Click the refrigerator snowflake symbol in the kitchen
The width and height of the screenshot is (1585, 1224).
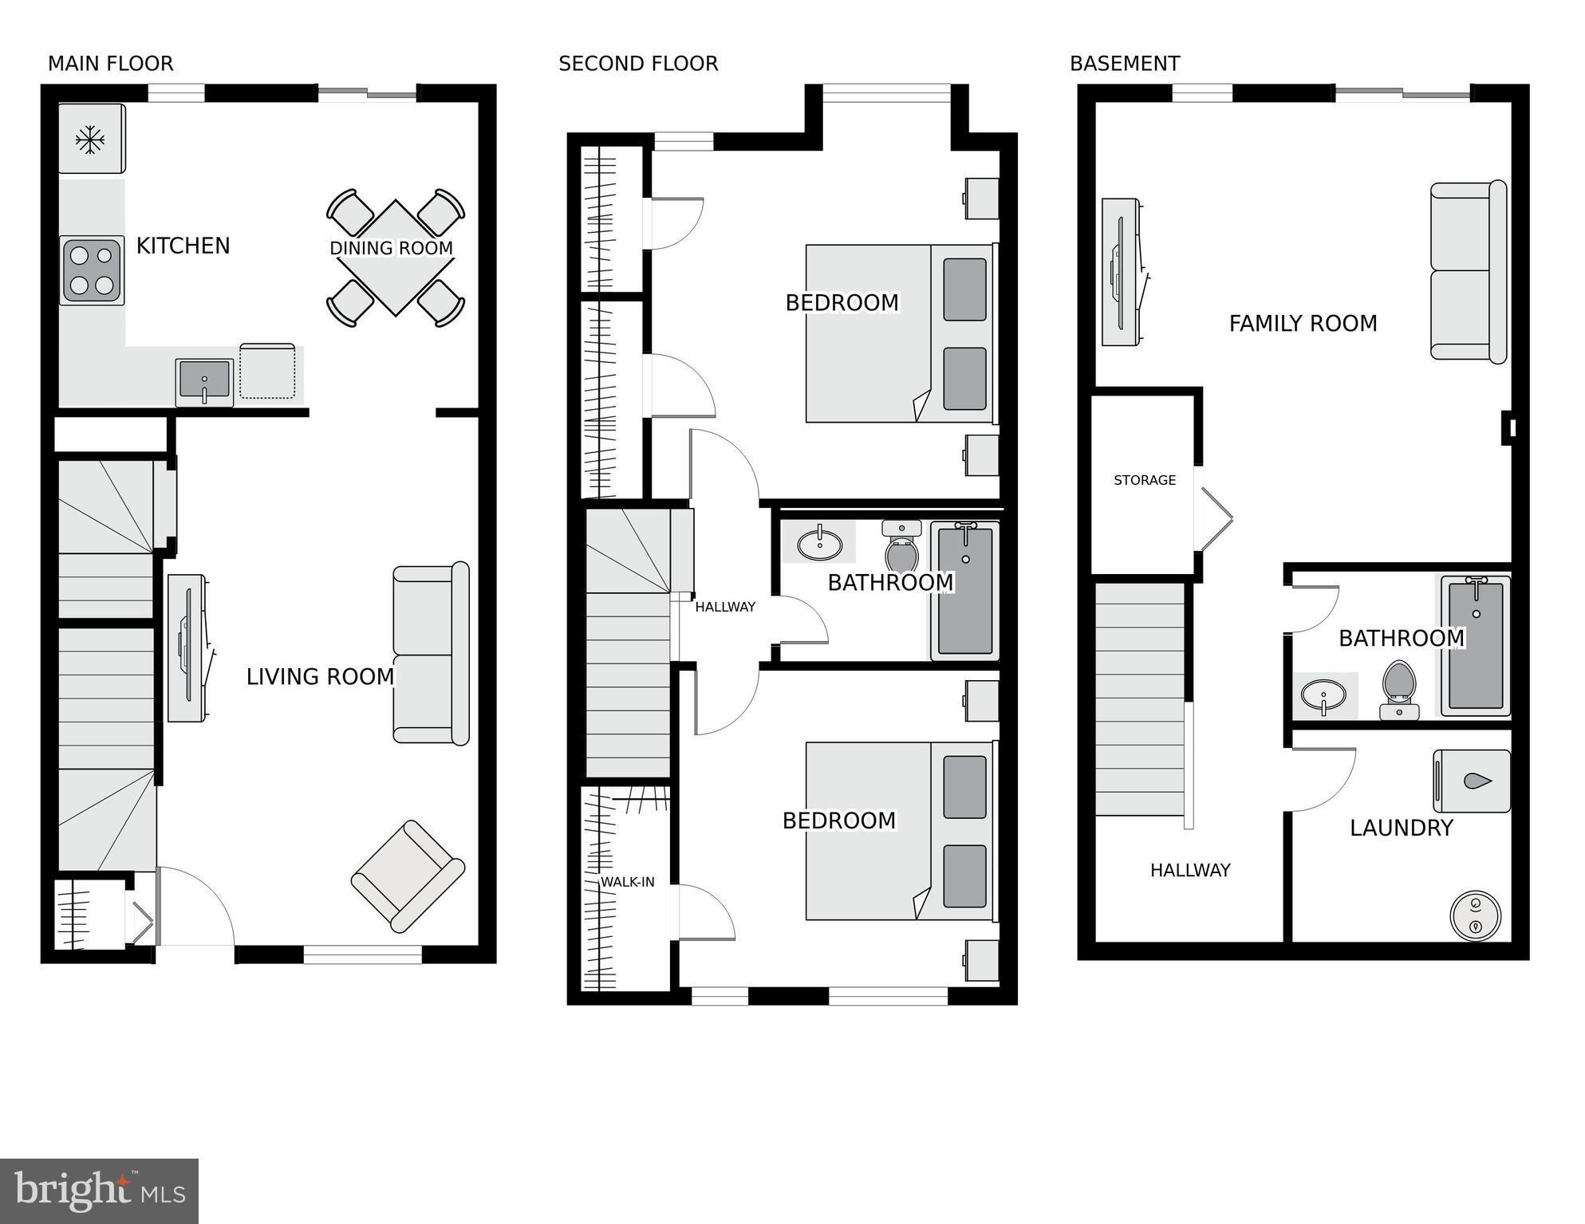pyautogui.click(x=90, y=140)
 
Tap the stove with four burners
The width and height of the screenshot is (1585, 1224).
pyautogui.click(x=92, y=270)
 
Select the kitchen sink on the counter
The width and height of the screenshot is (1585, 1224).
pyautogui.click(x=204, y=380)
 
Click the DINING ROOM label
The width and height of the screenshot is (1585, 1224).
pyautogui.click(x=391, y=248)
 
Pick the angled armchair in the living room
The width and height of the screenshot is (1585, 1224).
pyautogui.click(x=408, y=876)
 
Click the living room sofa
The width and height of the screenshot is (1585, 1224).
pyautogui.click(x=431, y=654)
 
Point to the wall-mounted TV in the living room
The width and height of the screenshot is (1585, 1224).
pyautogui.click(x=188, y=648)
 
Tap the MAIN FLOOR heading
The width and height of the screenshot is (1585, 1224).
pyautogui.click(x=110, y=64)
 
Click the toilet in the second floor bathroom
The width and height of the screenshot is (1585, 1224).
pyautogui.click(x=902, y=546)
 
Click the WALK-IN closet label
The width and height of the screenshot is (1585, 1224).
pyautogui.click(x=627, y=882)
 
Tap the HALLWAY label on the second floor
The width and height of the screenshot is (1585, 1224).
pyautogui.click(x=724, y=607)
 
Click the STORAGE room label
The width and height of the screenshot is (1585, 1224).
pyautogui.click(x=1144, y=480)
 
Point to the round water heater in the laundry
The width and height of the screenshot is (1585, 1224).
pyautogui.click(x=1475, y=915)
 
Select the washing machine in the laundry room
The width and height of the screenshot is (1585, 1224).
pyautogui.click(x=1472, y=781)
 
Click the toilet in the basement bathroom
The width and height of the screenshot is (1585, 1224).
pyautogui.click(x=1398, y=687)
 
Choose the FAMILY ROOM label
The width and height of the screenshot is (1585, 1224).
pyautogui.click(x=1303, y=323)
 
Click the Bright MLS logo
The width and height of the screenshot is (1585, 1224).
pyautogui.click(x=99, y=1191)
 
